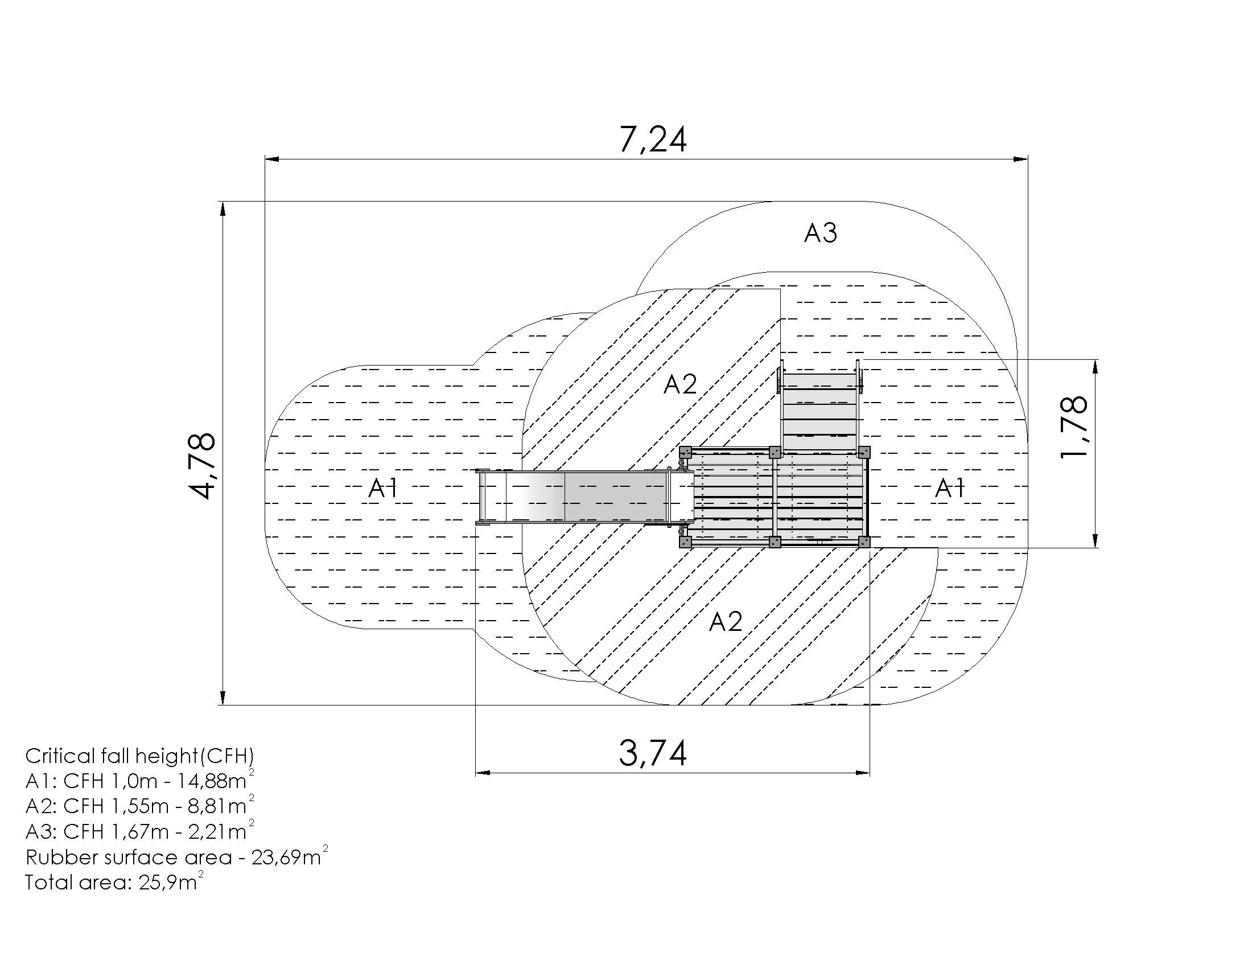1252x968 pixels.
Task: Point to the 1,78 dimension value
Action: pyautogui.click(x=1073, y=426)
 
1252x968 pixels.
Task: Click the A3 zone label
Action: pyautogui.click(x=820, y=233)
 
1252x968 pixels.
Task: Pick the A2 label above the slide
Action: pyautogui.click(x=680, y=384)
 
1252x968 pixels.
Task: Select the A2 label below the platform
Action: pyautogui.click(x=726, y=622)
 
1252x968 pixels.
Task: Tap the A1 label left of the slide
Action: pyautogui.click(x=383, y=488)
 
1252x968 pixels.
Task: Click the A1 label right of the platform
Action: pyautogui.click(x=950, y=488)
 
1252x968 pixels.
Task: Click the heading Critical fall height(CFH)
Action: pyautogui.click(x=139, y=756)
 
